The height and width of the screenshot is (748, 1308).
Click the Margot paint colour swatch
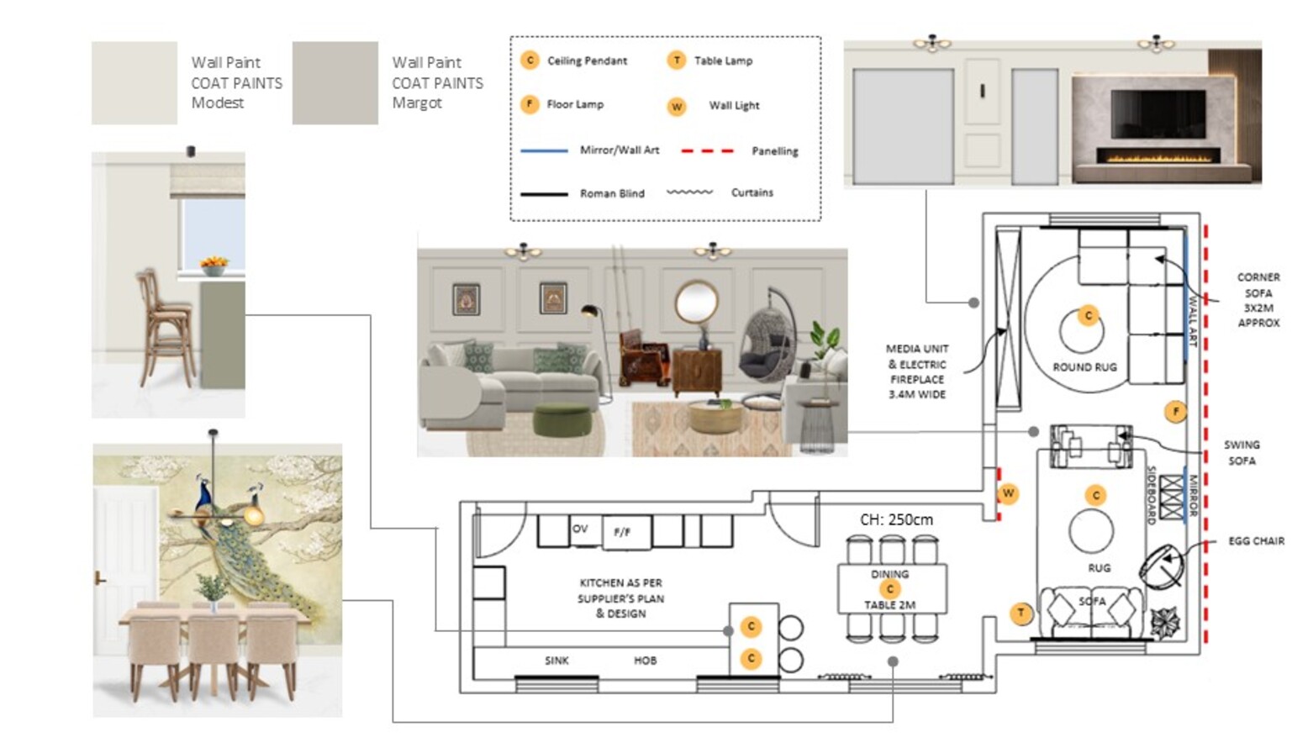335,83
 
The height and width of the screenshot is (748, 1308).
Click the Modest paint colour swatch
134,83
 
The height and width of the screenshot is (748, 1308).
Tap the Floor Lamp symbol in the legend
530,104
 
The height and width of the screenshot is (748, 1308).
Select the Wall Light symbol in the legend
677,106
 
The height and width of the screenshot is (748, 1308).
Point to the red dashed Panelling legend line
707,151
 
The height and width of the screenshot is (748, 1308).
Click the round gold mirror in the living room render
696,302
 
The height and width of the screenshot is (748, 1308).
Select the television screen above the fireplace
1158,114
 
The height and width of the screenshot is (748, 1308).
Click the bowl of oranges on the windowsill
214,266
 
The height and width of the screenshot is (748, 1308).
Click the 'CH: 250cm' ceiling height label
896,519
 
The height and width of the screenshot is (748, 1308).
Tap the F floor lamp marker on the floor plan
1175,412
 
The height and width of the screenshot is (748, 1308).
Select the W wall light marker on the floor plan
1008,493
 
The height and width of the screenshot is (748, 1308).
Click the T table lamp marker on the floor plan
1021,614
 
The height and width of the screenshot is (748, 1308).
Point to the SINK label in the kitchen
556,661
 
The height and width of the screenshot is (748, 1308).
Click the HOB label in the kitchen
646,661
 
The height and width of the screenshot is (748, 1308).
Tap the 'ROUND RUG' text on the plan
1084,367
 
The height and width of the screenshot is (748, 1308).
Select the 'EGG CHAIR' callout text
1256,541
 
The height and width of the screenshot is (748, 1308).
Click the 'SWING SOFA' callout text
1242,452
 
